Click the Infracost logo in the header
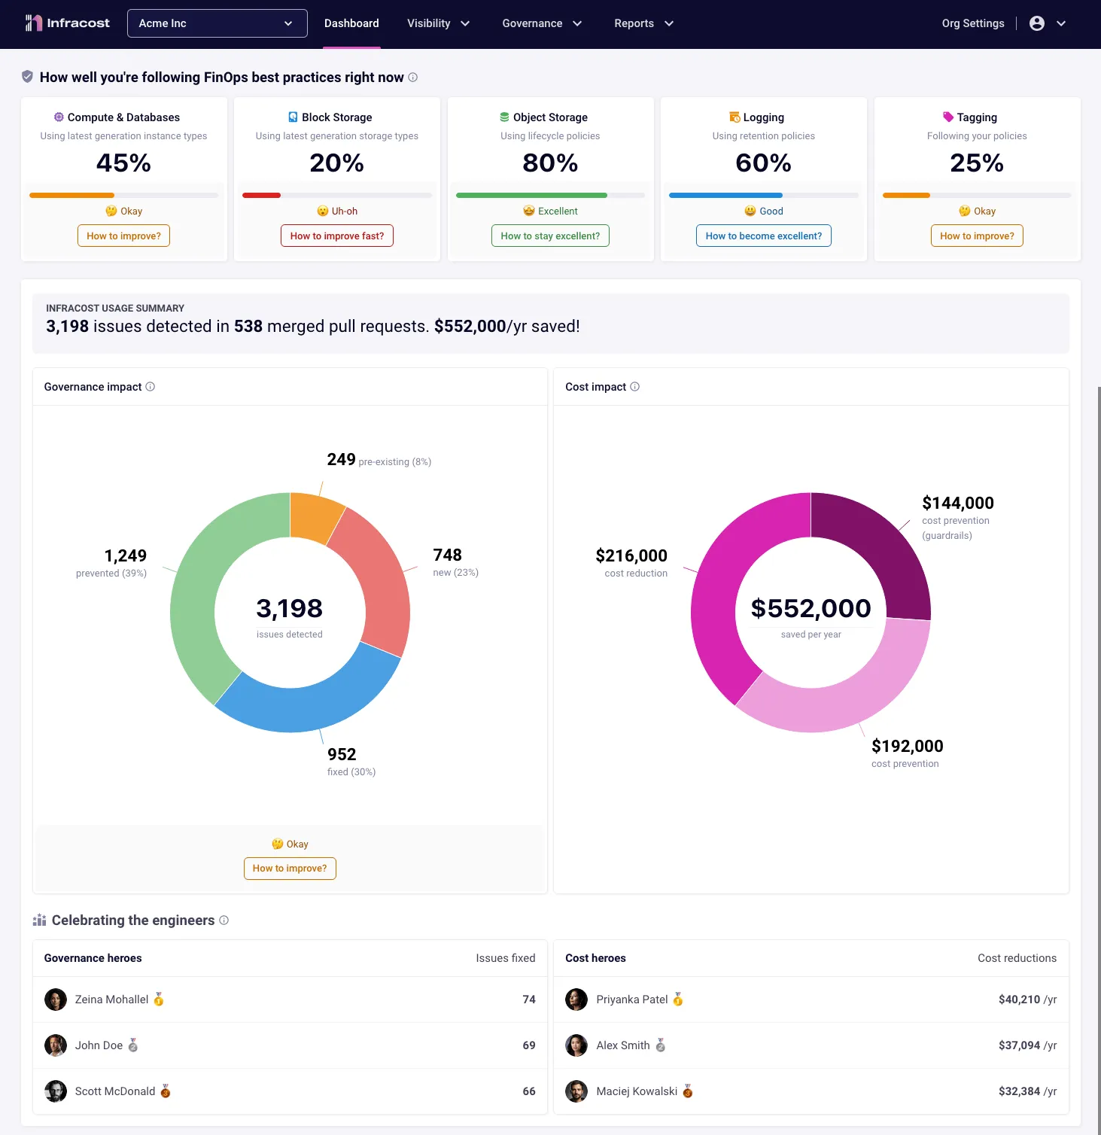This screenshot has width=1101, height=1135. [67, 23]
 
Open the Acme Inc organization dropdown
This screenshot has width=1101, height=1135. [217, 23]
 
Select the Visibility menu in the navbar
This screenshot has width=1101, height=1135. [438, 23]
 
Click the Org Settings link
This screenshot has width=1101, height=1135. [972, 23]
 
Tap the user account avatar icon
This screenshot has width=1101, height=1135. [1036, 23]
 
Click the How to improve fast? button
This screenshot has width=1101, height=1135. [336, 236]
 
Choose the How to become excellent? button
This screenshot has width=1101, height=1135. [763, 236]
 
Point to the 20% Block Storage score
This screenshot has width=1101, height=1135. [336, 163]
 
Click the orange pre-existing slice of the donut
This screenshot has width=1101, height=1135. [315, 516]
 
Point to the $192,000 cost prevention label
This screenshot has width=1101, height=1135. [906, 746]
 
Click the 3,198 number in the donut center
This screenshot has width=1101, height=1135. [289, 608]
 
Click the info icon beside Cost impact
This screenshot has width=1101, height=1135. [634, 387]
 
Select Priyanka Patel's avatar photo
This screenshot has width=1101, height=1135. [576, 1000]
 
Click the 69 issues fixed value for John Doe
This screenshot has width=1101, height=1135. [528, 1045]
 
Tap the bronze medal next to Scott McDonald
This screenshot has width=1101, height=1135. [166, 1091]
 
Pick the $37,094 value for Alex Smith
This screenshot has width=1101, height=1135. [1019, 1045]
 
